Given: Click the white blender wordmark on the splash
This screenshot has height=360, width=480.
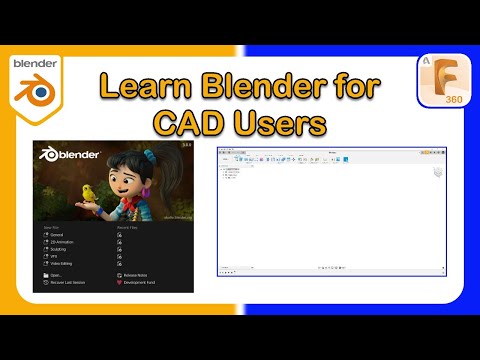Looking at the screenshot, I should point(75,155).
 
